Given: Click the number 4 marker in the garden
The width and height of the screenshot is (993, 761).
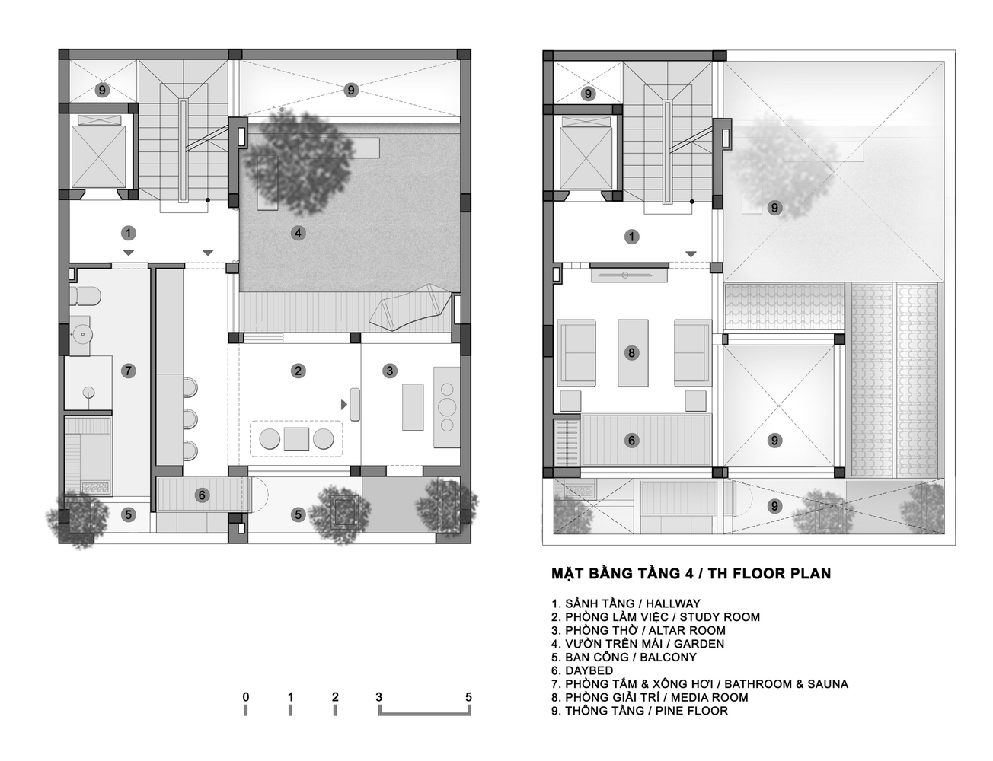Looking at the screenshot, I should click(299, 233).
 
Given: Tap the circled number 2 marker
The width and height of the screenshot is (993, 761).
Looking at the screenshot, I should click(299, 371).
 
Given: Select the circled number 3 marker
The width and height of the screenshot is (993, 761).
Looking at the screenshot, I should click(390, 371).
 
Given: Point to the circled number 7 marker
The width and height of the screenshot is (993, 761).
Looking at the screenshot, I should click(128, 371).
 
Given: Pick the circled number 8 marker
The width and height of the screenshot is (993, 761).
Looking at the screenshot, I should click(631, 353).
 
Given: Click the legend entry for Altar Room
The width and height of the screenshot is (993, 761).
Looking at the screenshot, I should click(638, 630).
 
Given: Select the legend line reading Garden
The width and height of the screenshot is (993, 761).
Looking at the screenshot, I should click(638, 644).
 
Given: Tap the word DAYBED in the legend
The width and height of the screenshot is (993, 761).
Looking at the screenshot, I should click(589, 670).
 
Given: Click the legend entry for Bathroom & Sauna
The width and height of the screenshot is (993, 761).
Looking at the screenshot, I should click(699, 684).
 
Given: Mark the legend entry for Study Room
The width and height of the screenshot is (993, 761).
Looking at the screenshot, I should click(656, 617).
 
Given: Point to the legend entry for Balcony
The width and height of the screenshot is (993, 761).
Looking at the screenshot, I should click(624, 657).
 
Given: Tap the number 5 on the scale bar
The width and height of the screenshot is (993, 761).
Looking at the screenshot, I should click(469, 697).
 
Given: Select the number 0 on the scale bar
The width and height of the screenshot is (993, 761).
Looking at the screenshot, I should click(245, 697).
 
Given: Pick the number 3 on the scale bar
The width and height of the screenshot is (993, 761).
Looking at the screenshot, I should click(379, 697).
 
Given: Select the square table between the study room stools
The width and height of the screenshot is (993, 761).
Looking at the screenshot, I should click(296, 439).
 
